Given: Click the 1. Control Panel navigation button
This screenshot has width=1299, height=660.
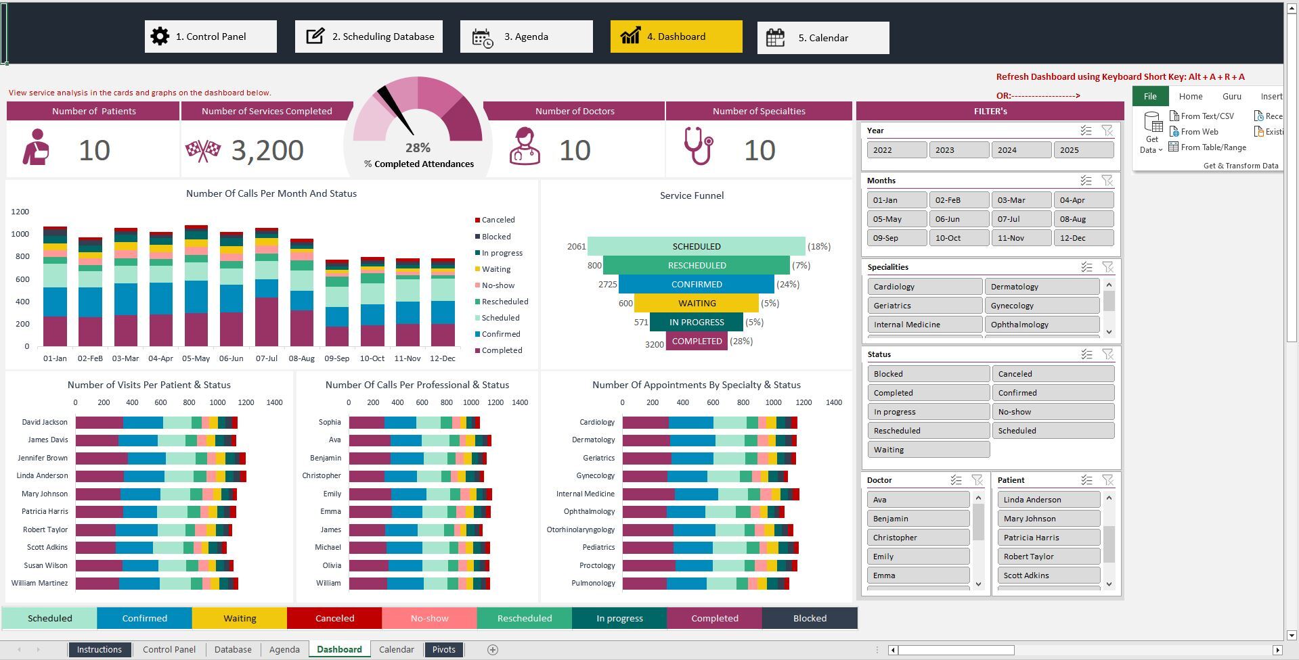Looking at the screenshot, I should point(211,37).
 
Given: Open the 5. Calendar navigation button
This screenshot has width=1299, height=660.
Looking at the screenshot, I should point(822,38).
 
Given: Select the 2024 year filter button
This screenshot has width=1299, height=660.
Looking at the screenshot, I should point(1021,150).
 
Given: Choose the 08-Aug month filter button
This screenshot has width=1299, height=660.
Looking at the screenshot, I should point(1083,219).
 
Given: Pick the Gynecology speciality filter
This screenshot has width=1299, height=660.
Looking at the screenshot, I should point(1041,306).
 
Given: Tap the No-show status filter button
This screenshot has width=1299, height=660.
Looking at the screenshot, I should point(1053,412).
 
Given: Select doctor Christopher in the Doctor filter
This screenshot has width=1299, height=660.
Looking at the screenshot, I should point(917,538).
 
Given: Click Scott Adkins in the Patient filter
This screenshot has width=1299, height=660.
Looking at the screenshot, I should point(1048,575).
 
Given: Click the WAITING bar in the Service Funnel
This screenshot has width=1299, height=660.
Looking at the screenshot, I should point(697,304).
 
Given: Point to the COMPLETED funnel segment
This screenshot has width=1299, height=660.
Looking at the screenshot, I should point(697,341).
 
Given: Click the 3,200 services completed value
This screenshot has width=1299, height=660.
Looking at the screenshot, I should point(267,150).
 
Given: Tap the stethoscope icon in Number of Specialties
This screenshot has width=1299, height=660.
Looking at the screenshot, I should point(698,146).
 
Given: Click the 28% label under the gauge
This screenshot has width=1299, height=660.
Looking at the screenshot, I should point(418,147).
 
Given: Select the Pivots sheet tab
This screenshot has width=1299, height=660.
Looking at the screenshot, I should point(444,650).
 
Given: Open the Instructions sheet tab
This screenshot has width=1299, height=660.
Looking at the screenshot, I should point(99,650).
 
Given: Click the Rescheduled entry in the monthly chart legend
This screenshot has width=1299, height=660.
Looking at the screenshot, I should point(504,302).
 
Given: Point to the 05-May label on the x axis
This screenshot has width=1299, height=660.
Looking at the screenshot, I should point(196,358).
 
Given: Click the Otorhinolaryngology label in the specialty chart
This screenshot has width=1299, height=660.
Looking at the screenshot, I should point(581,529).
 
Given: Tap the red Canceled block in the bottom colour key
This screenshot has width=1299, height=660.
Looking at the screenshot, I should point(334,618).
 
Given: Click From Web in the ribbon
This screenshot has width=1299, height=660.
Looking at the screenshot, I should point(1199,132).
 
